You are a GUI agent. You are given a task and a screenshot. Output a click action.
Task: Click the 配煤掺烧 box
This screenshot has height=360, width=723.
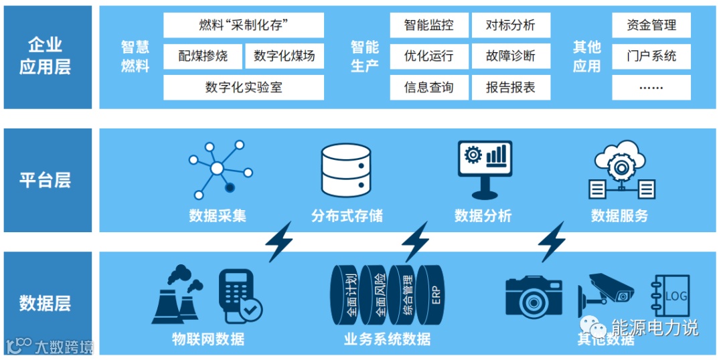[203, 56]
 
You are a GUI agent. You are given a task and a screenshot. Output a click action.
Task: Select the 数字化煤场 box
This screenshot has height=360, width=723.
[285, 56]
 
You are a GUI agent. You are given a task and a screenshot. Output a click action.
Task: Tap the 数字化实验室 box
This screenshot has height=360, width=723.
[244, 88]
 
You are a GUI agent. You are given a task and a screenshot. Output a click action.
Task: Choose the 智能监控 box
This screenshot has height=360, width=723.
[428, 25]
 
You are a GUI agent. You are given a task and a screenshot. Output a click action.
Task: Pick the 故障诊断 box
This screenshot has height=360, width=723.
[511, 56]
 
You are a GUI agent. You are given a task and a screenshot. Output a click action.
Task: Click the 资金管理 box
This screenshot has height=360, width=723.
[651, 25]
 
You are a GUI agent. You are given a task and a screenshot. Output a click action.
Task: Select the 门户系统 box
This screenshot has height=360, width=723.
[651, 56]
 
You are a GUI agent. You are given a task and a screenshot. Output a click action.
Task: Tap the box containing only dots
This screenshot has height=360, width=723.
[651, 88]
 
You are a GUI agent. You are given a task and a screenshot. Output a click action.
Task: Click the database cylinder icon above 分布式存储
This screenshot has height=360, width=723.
[346, 169]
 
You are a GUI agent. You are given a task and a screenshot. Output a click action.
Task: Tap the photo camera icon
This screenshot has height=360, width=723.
[535, 294]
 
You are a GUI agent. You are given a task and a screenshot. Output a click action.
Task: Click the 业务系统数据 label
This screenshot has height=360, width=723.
[387, 339]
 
